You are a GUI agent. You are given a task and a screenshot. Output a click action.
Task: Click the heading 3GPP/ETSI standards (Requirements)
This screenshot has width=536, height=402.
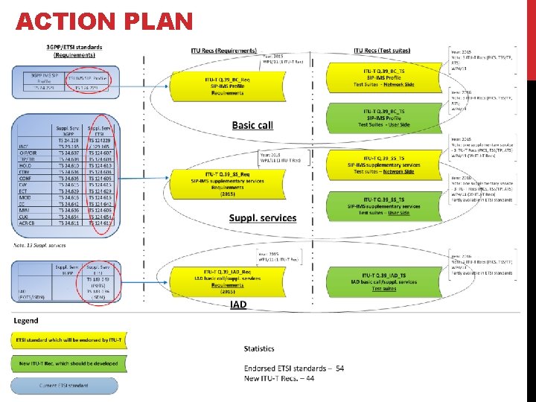[x=74, y=51]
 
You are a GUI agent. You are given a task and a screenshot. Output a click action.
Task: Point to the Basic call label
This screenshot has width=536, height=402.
[x=252, y=125]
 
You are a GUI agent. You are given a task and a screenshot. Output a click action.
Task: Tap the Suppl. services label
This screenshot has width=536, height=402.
[x=262, y=218]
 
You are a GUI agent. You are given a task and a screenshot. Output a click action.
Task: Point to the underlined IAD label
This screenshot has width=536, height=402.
[x=238, y=304]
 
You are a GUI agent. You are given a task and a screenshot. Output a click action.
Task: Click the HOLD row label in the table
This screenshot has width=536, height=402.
[x=25, y=164]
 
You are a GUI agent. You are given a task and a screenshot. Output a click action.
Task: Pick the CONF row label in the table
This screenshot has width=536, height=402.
[x=25, y=178]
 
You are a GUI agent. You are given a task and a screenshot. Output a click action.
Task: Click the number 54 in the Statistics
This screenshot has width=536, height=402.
[x=339, y=368]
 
